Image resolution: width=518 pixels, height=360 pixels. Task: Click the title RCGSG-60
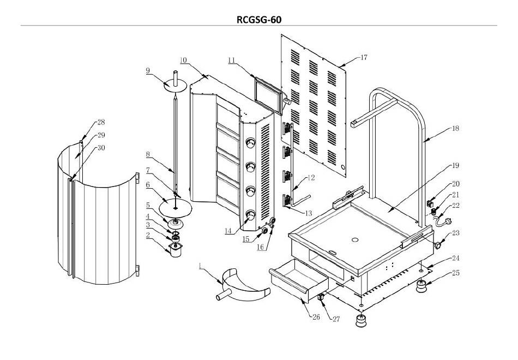coord(259,20)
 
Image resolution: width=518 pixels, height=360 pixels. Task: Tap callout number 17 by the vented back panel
coord(364,57)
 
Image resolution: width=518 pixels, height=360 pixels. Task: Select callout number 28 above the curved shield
coord(101,122)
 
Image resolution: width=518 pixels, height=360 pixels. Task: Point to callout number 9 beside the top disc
coord(148,70)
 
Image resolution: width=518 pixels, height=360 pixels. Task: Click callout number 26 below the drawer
coord(316,317)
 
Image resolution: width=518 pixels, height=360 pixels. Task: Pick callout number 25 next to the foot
coord(456,273)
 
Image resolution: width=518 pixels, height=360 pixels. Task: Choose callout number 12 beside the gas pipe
coord(311,178)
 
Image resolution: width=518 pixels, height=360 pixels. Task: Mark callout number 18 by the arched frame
coord(455,128)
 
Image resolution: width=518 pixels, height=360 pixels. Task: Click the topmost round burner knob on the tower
coord(250,143)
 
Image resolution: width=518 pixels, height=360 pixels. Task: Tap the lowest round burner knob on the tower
coord(250,215)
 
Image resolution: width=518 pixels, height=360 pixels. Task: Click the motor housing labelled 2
coord(176,250)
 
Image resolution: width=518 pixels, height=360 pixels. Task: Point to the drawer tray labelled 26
coord(299,280)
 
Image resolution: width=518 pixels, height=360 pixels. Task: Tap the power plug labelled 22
coord(443,221)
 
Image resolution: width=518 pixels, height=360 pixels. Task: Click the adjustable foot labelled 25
coord(421,286)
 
